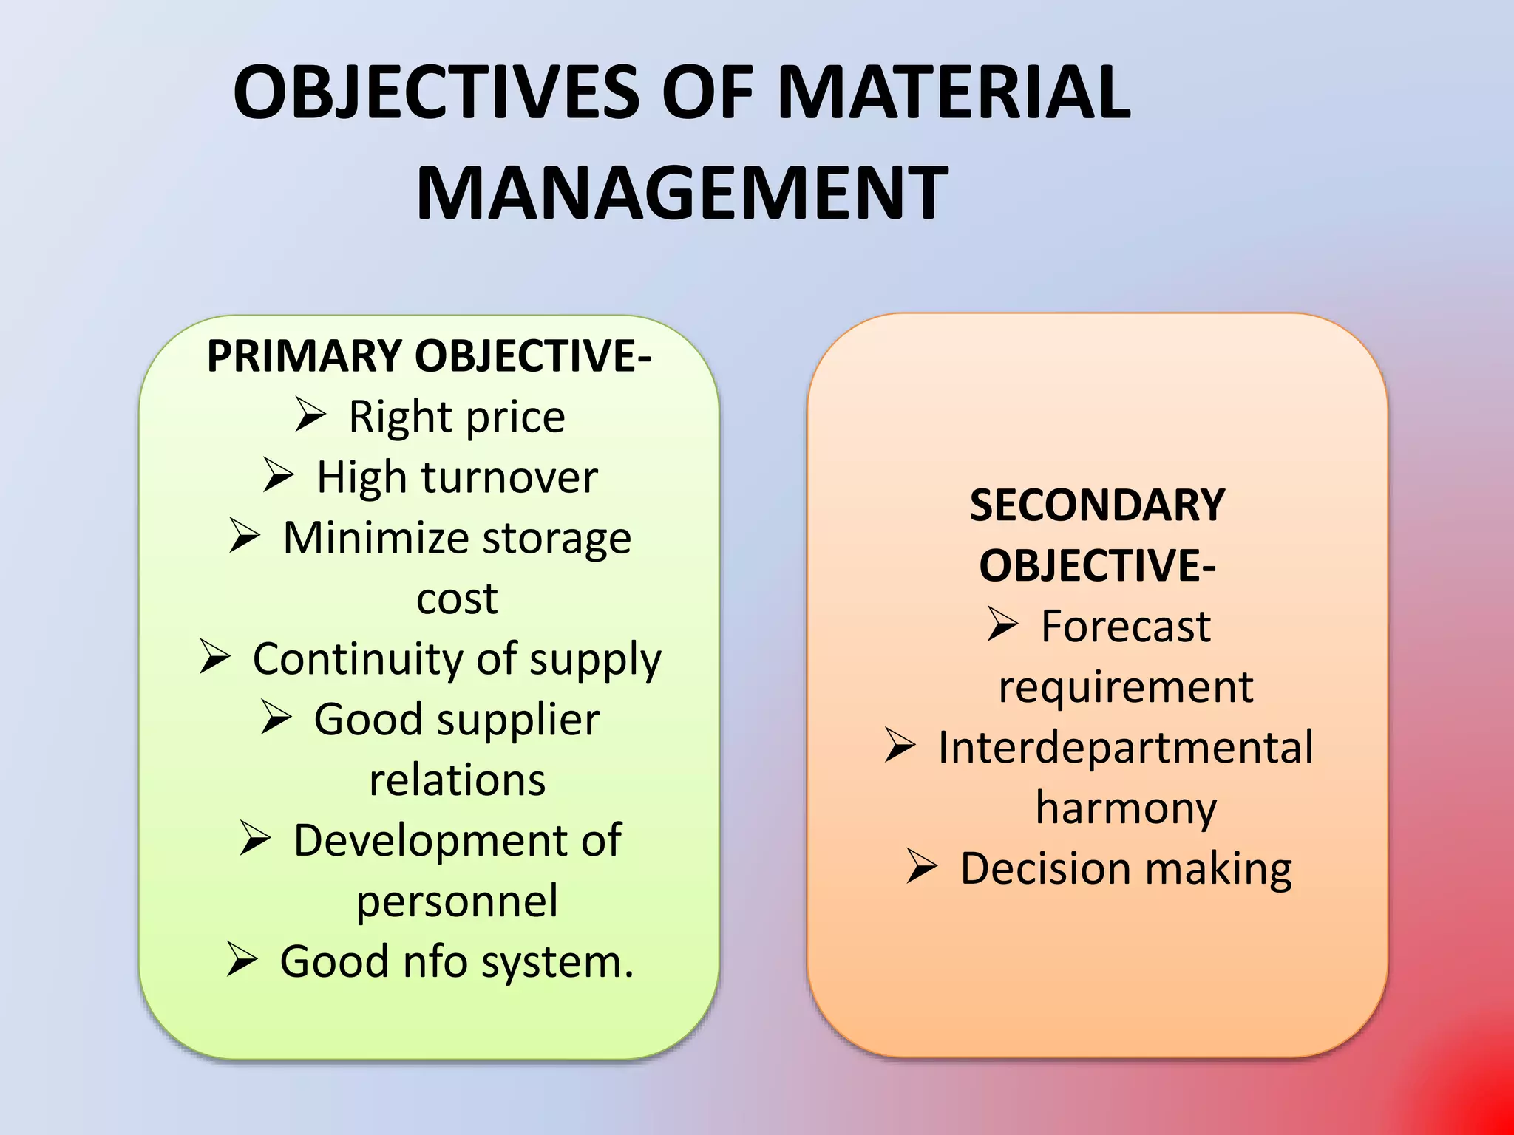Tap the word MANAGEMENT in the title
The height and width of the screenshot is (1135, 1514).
tap(682, 194)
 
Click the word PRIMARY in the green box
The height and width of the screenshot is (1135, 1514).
tap(304, 356)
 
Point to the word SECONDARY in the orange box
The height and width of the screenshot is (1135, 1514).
tap(1097, 505)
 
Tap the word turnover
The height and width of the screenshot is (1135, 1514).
tap(509, 477)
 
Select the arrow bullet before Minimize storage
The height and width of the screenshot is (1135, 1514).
tap(245, 535)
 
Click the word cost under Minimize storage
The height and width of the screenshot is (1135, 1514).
tap(457, 599)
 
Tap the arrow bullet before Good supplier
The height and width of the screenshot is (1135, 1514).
tap(276, 718)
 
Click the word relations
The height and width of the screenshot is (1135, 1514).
tap(457, 780)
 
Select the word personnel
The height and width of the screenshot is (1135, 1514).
tap(457, 901)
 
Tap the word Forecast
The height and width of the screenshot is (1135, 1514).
tap(1126, 627)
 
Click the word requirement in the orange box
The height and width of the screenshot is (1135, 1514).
tap(1126, 687)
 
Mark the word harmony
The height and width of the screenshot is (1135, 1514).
tap(1126, 808)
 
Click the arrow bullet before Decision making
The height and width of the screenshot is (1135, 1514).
tap(923, 866)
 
